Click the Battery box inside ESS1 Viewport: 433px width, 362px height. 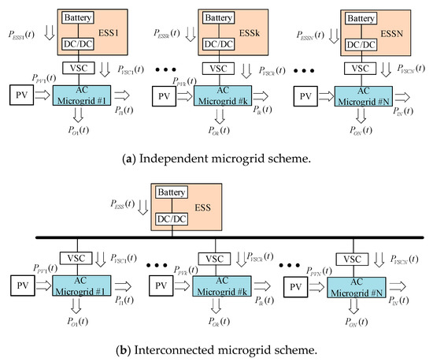[x=76, y=17]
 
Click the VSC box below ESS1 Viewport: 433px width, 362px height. [x=76, y=69]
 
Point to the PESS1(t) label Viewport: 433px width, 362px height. [x=18, y=32]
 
